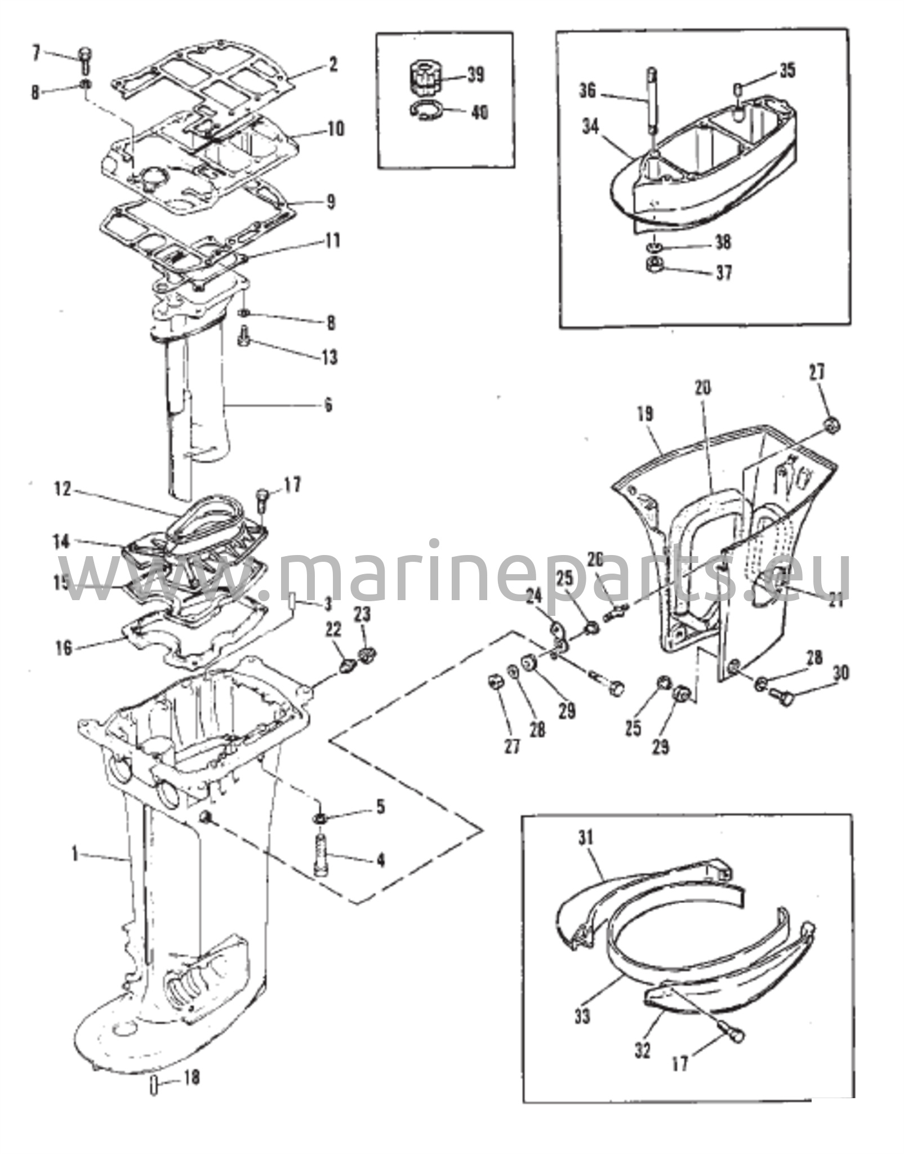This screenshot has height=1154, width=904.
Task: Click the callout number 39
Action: point(476,75)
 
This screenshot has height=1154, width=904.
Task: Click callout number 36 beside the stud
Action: point(587,91)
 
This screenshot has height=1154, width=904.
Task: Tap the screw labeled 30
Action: point(781,697)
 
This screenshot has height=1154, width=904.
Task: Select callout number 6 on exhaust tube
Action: point(328,405)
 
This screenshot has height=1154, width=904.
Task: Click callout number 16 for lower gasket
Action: point(65,649)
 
